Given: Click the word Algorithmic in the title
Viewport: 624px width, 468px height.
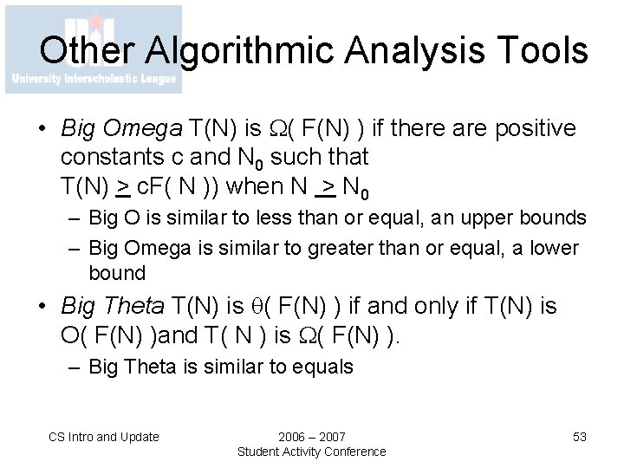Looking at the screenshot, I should (224, 52).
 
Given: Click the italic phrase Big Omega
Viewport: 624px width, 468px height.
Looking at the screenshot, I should (121, 129).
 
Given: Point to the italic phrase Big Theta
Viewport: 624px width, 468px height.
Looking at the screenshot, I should (114, 306).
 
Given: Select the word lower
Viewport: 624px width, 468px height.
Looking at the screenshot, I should (553, 248).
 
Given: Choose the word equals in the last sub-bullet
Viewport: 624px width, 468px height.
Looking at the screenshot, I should (322, 367).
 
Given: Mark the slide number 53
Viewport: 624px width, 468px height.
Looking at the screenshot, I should (580, 437).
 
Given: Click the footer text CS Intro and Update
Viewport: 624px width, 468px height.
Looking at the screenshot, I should (104, 437).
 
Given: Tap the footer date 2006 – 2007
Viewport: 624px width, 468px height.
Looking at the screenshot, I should (311, 437).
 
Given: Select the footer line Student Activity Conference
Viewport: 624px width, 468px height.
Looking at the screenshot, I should (311, 452).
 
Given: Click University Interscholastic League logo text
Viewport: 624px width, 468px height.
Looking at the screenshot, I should (93, 79).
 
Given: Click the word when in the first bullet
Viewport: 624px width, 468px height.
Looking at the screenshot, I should (266, 186).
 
